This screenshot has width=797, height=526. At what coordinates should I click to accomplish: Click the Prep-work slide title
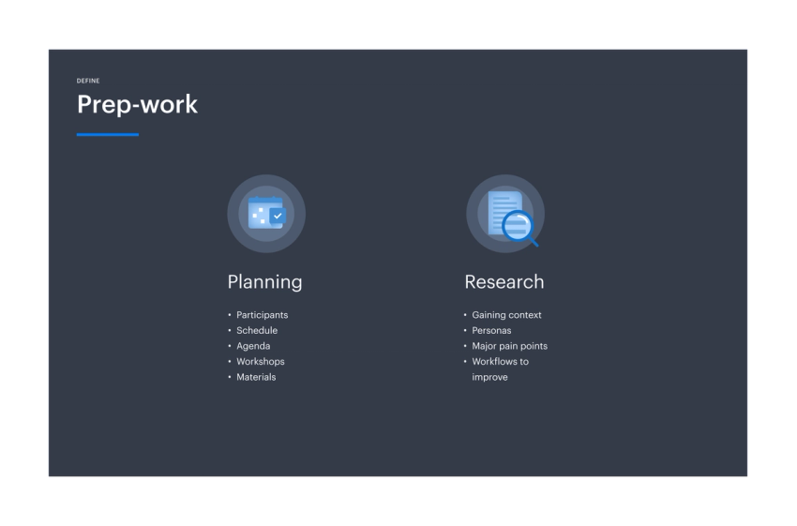pos(137,104)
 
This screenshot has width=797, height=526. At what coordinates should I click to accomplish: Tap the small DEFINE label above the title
pos(88,81)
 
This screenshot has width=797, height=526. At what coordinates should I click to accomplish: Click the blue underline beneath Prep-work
pos(107,135)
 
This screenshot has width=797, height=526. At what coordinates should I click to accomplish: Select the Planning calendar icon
pos(265,214)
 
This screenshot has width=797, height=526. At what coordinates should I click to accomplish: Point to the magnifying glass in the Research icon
pos(518,226)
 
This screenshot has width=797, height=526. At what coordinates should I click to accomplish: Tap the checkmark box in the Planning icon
pos(277,217)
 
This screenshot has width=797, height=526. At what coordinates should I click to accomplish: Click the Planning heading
pos(264,281)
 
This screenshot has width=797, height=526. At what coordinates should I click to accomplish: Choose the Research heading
pos(504,281)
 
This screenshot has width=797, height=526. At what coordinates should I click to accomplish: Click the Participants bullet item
pos(262,315)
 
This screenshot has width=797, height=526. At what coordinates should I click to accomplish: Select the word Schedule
pos(257,330)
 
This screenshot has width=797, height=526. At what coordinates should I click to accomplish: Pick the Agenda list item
pos(253,346)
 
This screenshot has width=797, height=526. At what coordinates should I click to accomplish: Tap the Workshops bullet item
pos(260,361)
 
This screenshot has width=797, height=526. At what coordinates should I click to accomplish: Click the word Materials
pos(256,377)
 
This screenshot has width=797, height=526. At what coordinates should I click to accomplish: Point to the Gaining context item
pos(506,315)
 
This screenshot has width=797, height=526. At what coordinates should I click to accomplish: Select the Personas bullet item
pos(491,330)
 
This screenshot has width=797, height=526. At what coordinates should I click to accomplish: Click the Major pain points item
pos(509,346)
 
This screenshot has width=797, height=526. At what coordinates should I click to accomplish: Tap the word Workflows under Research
pos(495,361)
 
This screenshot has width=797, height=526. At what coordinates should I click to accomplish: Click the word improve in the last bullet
pos(489,377)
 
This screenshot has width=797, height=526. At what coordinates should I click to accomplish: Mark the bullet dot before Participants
pos(229,315)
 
